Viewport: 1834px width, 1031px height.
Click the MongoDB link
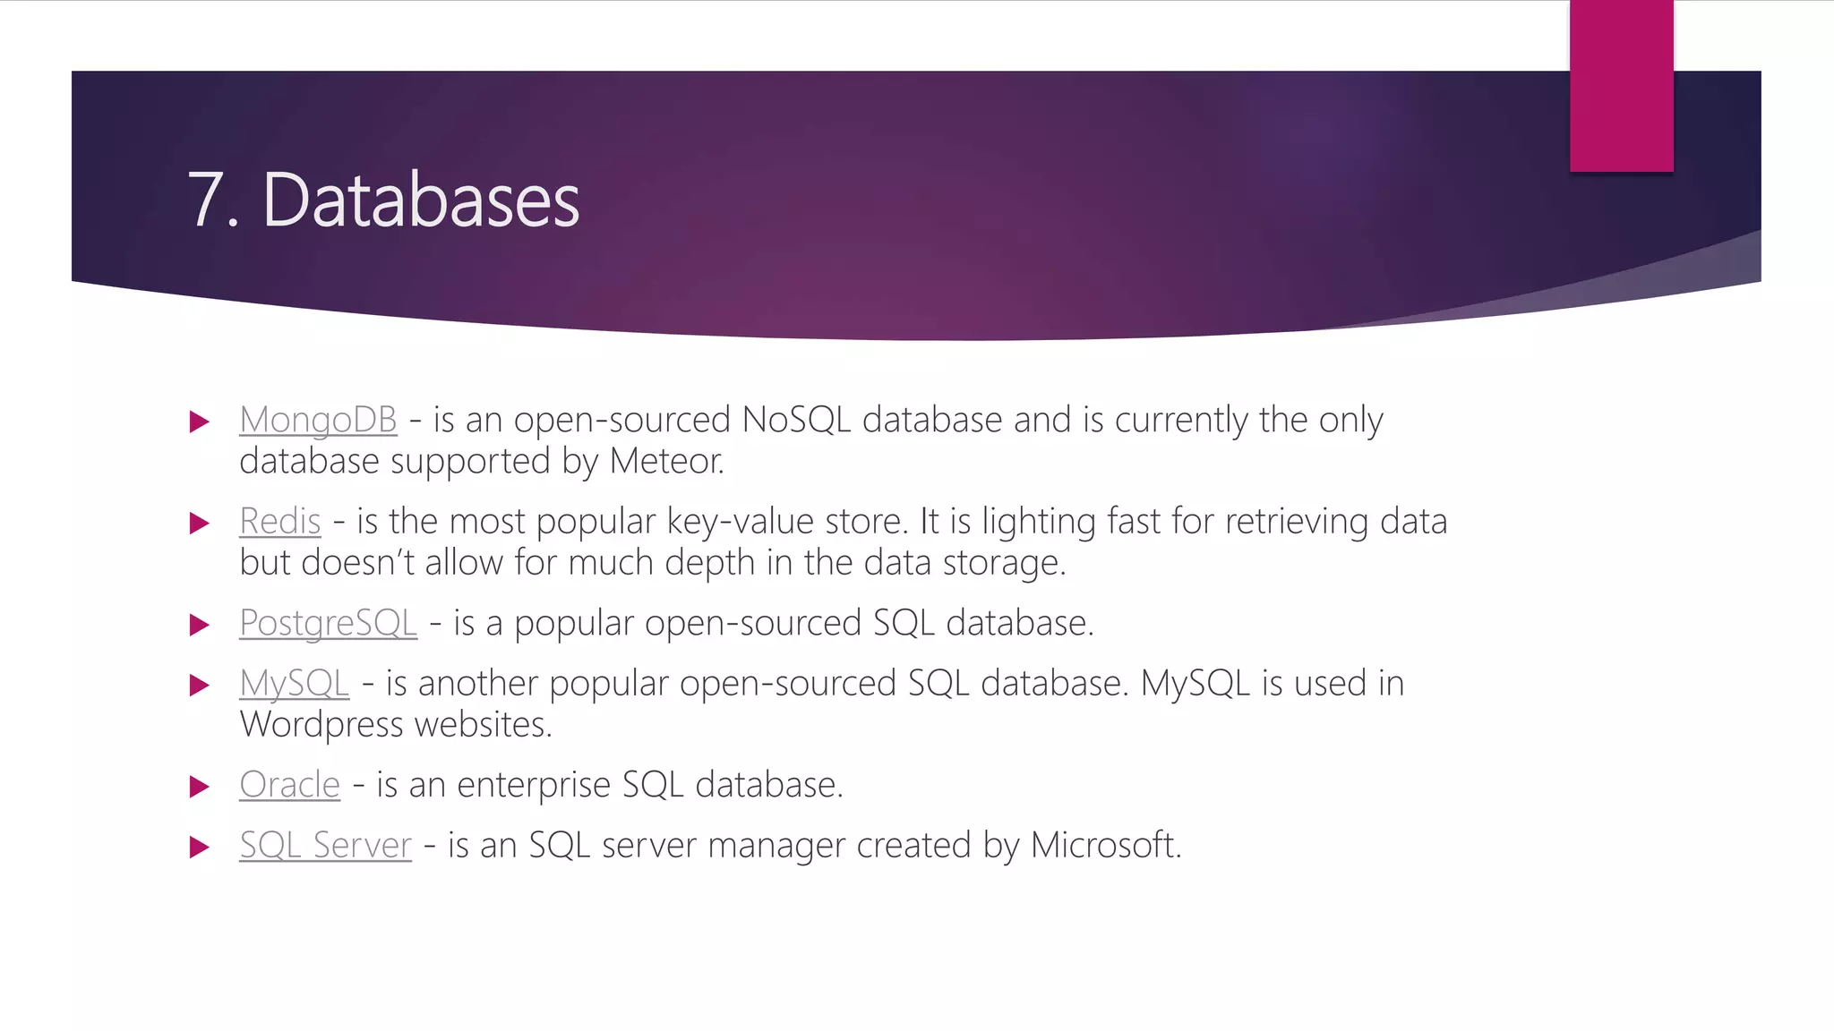(x=318, y=420)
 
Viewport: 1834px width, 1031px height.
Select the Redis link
(x=279, y=521)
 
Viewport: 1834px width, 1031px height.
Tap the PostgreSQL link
(x=328, y=623)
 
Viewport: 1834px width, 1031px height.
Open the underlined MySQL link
(x=294, y=684)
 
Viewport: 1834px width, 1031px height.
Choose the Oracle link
(x=289, y=785)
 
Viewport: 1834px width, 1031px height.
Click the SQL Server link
(x=325, y=845)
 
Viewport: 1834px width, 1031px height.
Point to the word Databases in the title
(x=421, y=200)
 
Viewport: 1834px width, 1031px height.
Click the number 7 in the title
(x=205, y=200)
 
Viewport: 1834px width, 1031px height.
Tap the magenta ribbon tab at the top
(x=1621, y=85)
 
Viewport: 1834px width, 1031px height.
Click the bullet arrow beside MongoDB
(x=200, y=422)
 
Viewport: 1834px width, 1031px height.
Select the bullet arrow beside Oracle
(x=200, y=787)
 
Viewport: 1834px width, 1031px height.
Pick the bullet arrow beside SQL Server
(x=200, y=847)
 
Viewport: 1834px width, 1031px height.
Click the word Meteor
(x=665, y=461)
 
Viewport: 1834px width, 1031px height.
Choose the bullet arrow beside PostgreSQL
(x=200, y=625)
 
